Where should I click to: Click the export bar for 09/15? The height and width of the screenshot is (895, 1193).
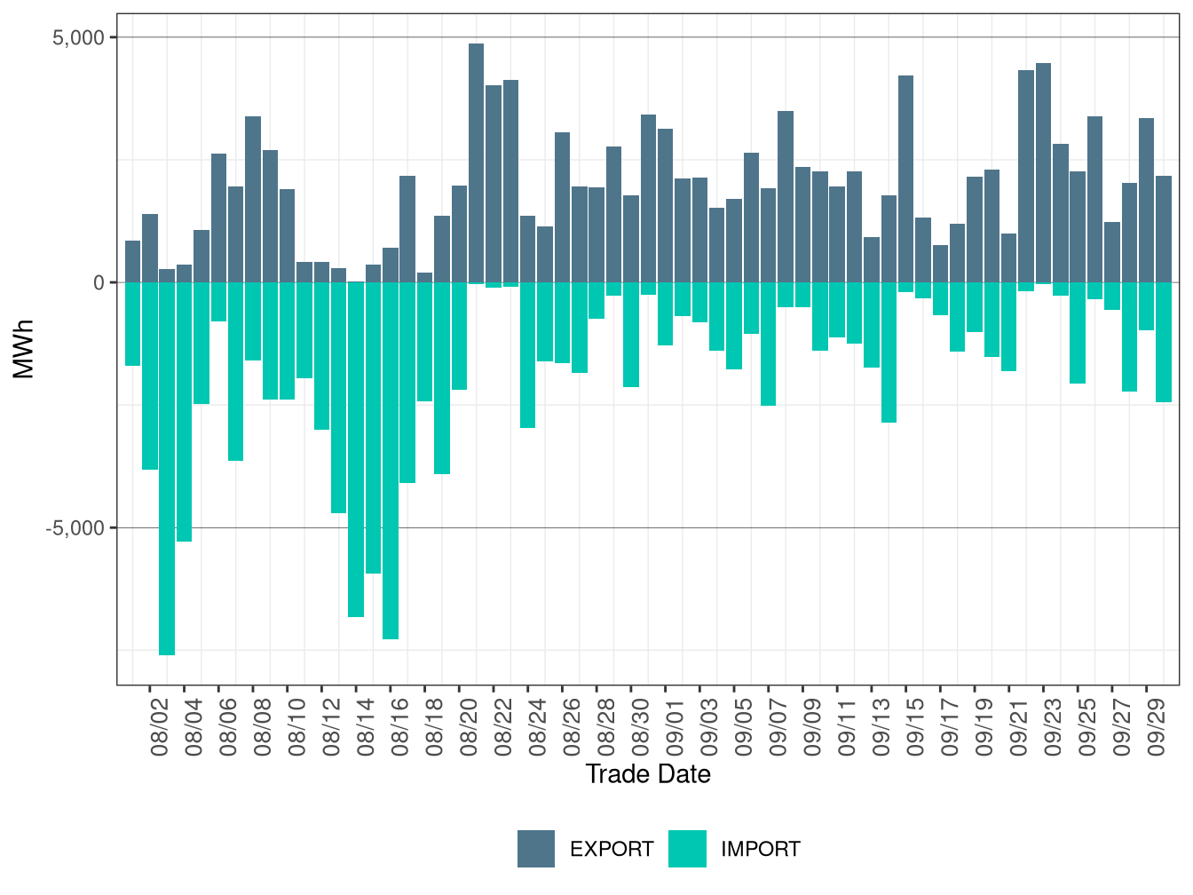pos(906,178)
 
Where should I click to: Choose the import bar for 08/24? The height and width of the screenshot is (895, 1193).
pos(528,355)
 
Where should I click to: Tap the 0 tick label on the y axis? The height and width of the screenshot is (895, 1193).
pos(99,282)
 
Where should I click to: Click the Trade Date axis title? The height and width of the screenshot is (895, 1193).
pos(648,774)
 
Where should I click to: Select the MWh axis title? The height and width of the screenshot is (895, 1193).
pos(24,349)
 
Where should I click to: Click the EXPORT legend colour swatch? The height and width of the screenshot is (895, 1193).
pos(536,849)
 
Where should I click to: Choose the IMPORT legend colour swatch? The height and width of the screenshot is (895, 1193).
pos(687,849)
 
